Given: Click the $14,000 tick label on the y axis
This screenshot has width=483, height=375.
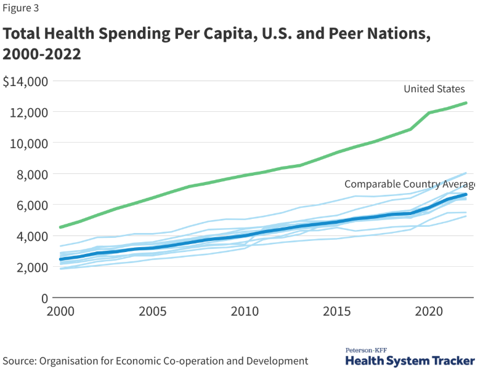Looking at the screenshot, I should pyautogui.click(x=26, y=81).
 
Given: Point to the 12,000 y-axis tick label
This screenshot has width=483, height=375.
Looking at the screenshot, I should pyautogui.click(x=28, y=112).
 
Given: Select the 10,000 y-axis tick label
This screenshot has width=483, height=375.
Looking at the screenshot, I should pyautogui.click(x=28, y=143).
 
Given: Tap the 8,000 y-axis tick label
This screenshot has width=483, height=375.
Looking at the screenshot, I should pyautogui.click(x=31, y=174).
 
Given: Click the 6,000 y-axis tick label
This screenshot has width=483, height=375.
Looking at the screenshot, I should pyautogui.click(x=31, y=205).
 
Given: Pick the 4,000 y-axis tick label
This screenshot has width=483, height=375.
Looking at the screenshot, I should pyautogui.click(x=31, y=236).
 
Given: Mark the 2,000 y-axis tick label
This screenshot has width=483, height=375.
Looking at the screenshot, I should pyautogui.click(x=31, y=267).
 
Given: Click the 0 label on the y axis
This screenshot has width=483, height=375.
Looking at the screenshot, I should pyautogui.click(x=44, y=298).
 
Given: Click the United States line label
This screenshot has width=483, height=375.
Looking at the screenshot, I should pyautogui.click(x=434, y=89).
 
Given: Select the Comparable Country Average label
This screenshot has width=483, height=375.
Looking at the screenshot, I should pyautogui.click(x=410, y=184).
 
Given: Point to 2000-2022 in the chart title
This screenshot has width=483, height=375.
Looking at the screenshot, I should pyautogui.click(x=42, y=54).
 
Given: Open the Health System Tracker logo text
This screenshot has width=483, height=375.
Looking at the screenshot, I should pyautogui.click(x=410, y=361).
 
